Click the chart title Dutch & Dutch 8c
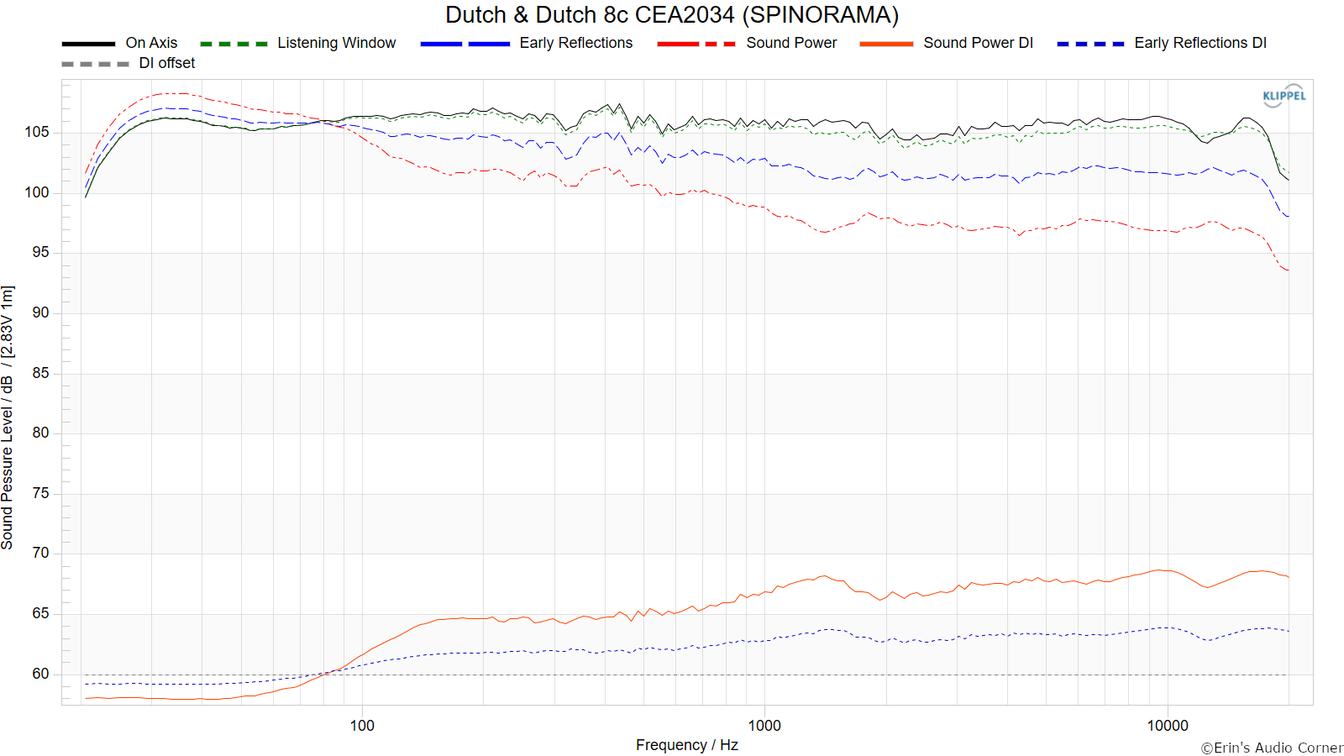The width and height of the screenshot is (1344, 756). coord(671,15)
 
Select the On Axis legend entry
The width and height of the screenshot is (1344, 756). coord(151,43)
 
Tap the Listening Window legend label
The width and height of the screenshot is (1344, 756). coord(336,43)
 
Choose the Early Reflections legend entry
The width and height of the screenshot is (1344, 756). coord(575,43)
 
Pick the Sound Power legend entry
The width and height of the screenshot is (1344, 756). coord(791,43)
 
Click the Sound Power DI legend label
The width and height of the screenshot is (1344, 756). coord(978,43)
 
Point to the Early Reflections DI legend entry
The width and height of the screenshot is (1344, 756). coord(1200,43)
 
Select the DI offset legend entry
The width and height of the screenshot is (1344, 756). coord(166,63)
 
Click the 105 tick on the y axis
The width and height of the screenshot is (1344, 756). coord(37,132)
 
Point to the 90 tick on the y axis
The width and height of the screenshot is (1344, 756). coord(40,312)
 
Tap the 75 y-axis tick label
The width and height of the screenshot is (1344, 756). coord(40,493)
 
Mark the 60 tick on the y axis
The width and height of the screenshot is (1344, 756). coord(40,674)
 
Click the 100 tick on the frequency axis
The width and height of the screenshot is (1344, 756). coord(362,726)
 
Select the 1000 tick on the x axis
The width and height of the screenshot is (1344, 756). coord(764,726)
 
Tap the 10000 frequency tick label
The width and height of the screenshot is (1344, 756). coord(1168,726)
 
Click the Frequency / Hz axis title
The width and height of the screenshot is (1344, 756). coord(686,745)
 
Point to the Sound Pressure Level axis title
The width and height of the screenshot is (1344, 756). coord(8,417)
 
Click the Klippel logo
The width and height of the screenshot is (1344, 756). coord(1284,96)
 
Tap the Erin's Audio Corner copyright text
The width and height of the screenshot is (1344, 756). coord(1271,748)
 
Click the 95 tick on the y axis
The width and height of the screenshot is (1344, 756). coord(40,252)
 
